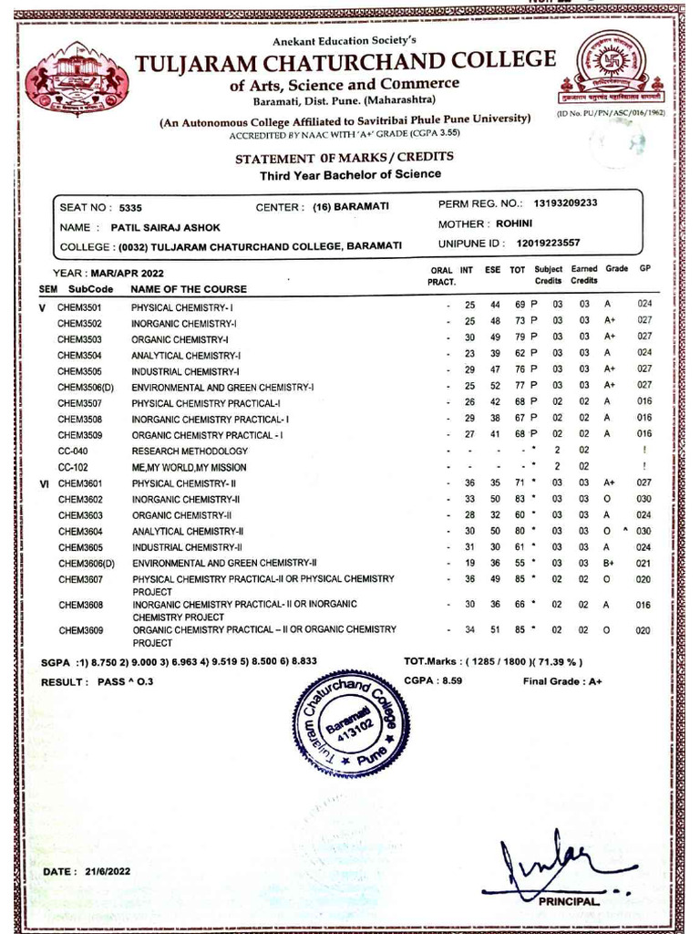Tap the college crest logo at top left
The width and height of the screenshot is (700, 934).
pos(77,78)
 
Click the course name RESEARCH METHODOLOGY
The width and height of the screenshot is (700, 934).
pos(190,451)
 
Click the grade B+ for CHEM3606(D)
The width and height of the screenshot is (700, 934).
pos(610,563)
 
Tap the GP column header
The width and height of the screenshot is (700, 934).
pos(644,270)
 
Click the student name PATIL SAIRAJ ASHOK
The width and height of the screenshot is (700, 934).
pos(165,227)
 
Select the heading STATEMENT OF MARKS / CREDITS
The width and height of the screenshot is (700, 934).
pos(344,157)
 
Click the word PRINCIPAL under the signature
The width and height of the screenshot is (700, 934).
pos(570,900)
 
